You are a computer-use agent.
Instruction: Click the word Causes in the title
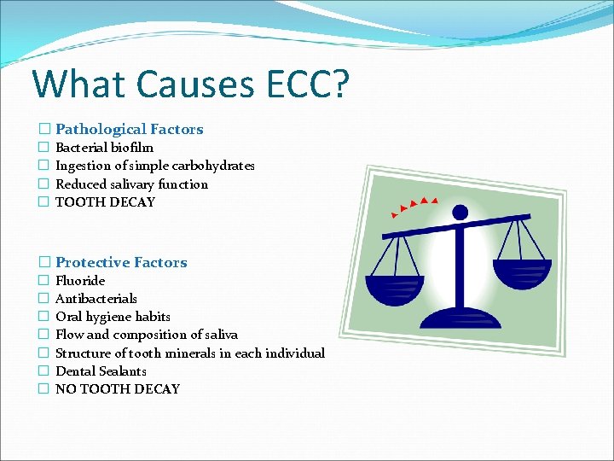[x=189, y=85]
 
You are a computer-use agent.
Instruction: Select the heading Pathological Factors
[x=130, y=129]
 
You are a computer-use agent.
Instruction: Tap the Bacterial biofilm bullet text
[x=104, y=148]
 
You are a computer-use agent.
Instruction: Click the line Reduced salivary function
[x=131, y=184]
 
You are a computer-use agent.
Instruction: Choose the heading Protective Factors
[x=121, y=262]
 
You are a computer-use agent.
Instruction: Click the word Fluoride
[x=80, y=280]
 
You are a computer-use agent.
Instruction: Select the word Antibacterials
[x=96, y=298]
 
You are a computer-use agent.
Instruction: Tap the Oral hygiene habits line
[x=113, y=316]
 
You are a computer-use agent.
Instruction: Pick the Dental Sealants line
[x=101, y=371]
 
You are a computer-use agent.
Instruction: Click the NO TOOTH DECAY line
[x=118, y=388]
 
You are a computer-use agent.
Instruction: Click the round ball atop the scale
[x=460, y=212]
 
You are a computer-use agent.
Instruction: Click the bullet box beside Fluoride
[x=43, y=280]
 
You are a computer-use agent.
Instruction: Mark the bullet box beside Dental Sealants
[x=43, y=371]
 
